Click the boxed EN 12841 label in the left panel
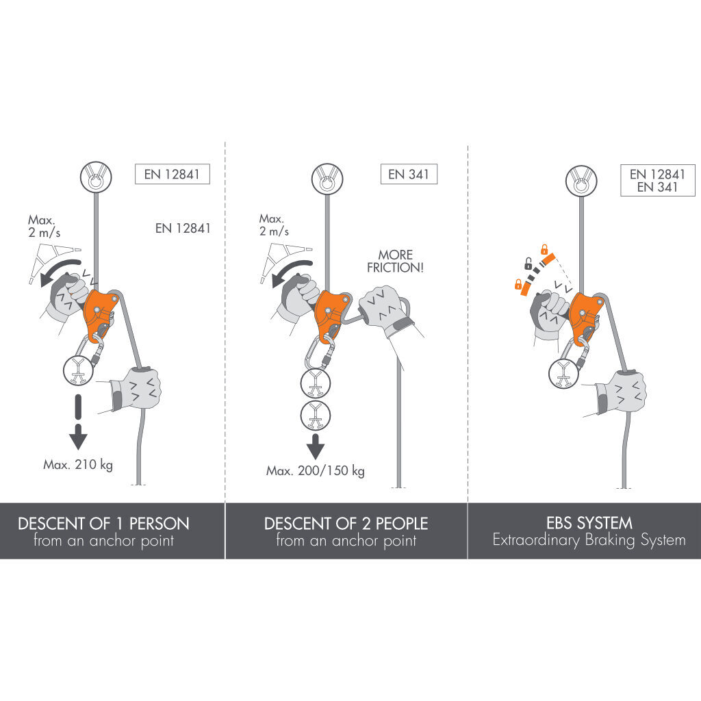tap(172, 175)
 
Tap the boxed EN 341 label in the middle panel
tap(409, 175)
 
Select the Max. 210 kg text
tap(78, 465)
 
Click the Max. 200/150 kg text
tap(315, 471)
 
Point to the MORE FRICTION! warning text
tap(395, 261)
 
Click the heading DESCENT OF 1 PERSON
tap(103, 524)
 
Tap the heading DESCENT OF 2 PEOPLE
tap(346, 524)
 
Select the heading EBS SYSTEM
tap(589, 522)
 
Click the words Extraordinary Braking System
tap(589, 540)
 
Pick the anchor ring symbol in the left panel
tap(96, 177)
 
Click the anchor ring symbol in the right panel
tap(581, 181)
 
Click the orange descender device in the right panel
tap(585, 318)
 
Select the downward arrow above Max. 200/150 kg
tap(315, 446)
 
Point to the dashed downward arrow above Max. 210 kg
tap(78, 422)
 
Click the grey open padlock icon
tap(528, 264)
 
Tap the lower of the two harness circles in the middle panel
tap(315, 416)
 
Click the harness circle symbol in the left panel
tap(79, 370)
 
